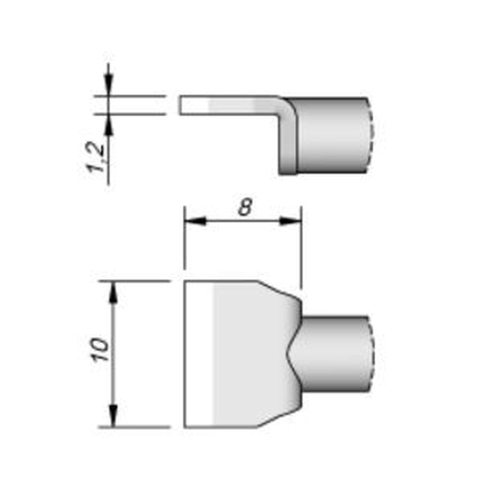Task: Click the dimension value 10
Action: (100, 350)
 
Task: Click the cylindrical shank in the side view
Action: (332, 135)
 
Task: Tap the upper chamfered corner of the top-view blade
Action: (277, 289)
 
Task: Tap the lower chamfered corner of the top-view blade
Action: (277, 419)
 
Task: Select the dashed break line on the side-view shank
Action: (370, 135)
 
